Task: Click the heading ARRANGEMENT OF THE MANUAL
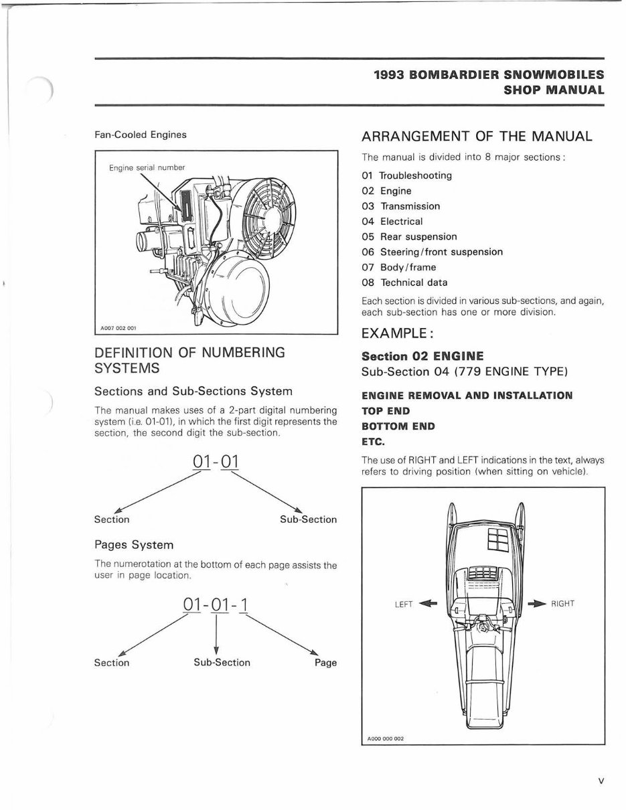pyautogui.click(x=477, y=137)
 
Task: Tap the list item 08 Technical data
pyautogui.click(x=404, y=282)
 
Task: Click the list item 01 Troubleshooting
pyautogui.click(x=406, y=175)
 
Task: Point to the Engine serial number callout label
pyautogui.click(x=147, y=167)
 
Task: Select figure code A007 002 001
pyautogui.click(x=118, y=328)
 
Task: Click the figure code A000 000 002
pyautogui.click(x=385, y=739)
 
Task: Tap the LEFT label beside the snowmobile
pyautogui.click(x=404, y=604)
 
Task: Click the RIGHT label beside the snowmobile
pyautogui.click(x=562, y=604)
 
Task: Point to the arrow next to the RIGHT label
pyautogui.click(x=537, y=604)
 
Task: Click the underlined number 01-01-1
pyautogui.click(x=216, y=604)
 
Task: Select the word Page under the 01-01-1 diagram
pyautogui.click(x=325, y=663)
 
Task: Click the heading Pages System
pyautogui.click(x=134, y=545)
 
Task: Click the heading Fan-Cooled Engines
pyautogui.click(x=141, y=135)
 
